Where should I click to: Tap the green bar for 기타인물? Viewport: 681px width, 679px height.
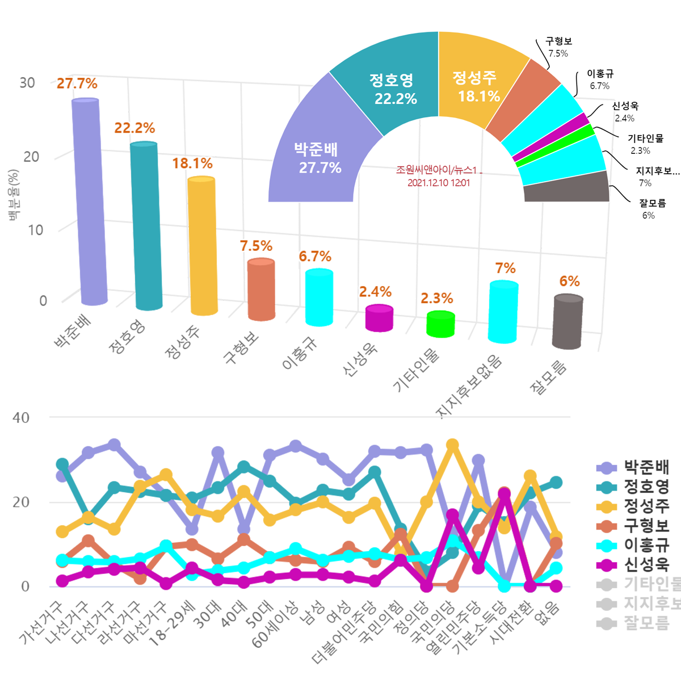tap(440, 324)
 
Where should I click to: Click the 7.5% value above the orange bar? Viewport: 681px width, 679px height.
tap(256, 246)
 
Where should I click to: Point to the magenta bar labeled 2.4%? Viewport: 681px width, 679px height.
tap(379, 318)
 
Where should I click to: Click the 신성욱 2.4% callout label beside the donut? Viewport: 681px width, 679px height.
tap(625, 112)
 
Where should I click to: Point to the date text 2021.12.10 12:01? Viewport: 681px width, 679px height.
tap(438, 183)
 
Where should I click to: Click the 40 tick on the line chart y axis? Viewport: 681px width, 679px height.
tap(21, 418)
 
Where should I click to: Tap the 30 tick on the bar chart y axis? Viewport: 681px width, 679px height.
tap(27, 83)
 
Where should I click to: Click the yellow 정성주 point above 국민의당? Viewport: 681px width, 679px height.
tap(452, 445)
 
